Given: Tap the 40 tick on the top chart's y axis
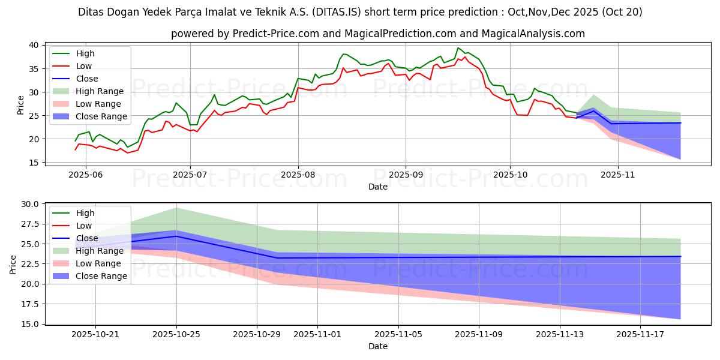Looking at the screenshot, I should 34,45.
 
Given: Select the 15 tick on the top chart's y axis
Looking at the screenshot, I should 34,163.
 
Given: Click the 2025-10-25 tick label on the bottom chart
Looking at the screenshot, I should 176,335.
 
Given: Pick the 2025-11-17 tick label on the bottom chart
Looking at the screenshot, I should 641,335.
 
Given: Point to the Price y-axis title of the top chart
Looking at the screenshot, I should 21,104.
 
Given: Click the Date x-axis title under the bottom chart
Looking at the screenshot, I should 378,346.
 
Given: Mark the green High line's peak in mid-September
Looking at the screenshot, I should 458,48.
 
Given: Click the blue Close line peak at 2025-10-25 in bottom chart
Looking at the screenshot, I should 176,236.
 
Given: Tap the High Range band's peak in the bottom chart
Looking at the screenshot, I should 176,208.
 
